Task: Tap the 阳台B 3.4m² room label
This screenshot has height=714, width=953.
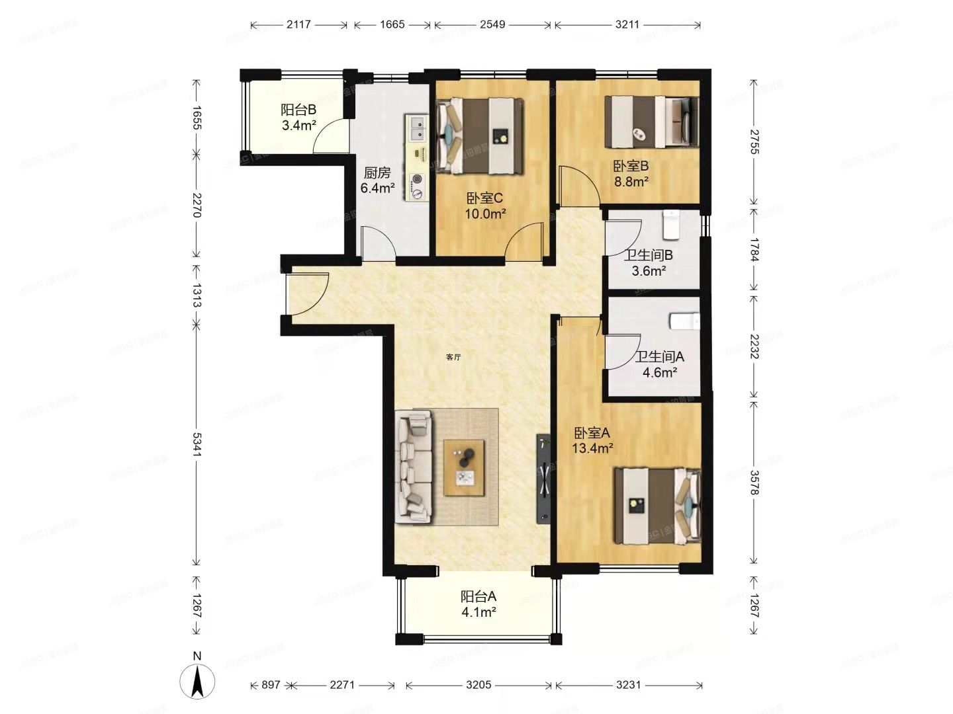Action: click(x=298, y=118)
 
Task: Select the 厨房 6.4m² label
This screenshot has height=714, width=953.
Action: click(x=377, y=180)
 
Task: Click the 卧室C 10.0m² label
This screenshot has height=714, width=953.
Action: click(x=485, y=206)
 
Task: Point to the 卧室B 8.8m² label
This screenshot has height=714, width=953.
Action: click(x=631, y=174)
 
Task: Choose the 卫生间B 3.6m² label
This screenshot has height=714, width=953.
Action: click(x=648, y=262)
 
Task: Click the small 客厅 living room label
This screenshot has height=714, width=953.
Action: click(x=453, y=357)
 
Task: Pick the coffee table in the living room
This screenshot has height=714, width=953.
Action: click(x=465, y=467)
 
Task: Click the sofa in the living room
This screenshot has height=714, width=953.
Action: click(x=414, y=467)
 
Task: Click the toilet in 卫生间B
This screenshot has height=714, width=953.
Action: click(x=671, y=225)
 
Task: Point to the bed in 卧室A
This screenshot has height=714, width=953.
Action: click(x=657, y=506)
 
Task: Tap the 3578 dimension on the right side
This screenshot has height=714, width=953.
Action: click(x=754, y=481)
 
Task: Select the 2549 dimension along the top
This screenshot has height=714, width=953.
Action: click(x=492, y=25)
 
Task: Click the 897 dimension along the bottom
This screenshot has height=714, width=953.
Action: click(x=271, y=685)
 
